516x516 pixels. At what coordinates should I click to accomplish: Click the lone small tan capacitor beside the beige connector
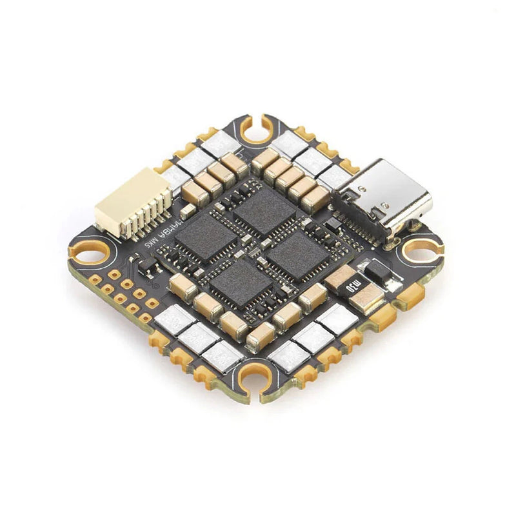click(188, 210)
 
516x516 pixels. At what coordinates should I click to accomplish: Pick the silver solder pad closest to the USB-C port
click(333, 175)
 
